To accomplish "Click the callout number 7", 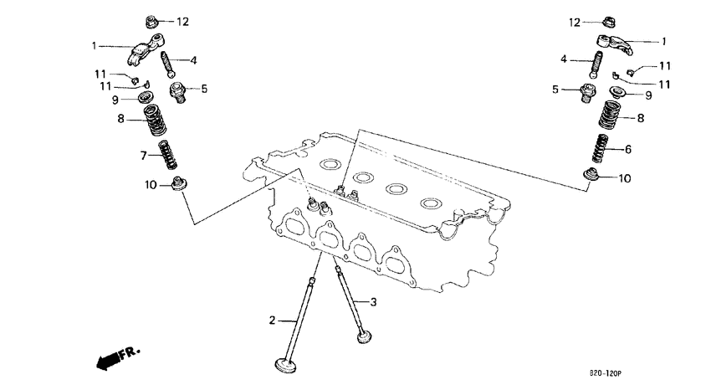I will [x=143, y=156].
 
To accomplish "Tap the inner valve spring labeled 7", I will [x=168, y=156].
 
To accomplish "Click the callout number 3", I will [x=375, y=301].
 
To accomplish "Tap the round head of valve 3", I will [x=364, y=337].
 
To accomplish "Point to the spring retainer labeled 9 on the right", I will [x=616, y=92].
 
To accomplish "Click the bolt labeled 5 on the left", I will [x=178, y=90].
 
